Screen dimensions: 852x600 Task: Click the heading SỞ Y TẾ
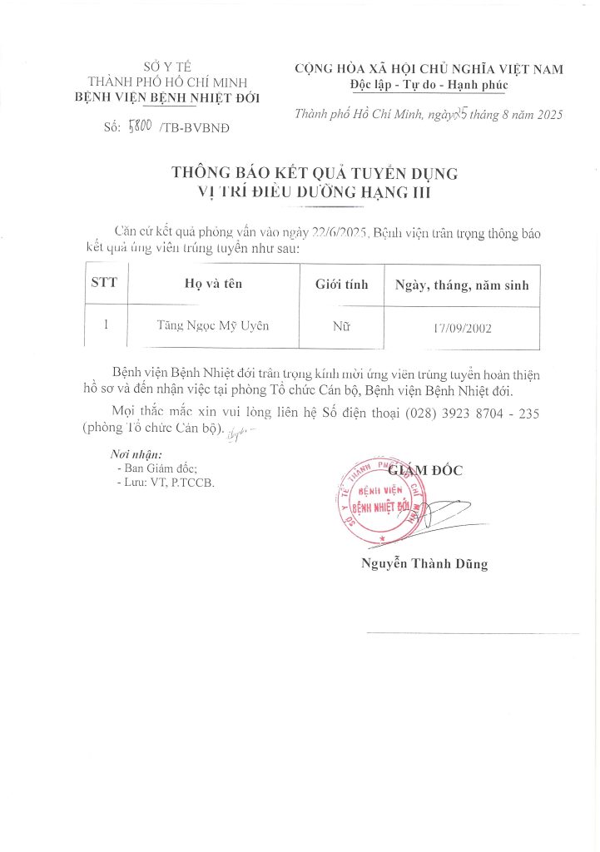[165, 67]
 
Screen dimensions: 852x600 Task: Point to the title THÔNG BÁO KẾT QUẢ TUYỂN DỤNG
[315, 173]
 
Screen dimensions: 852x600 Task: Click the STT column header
[104, 283]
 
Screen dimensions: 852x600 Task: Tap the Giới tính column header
[341, 284]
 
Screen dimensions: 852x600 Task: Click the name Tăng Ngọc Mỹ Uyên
[213, 325]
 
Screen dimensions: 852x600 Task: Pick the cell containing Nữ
[341, 326]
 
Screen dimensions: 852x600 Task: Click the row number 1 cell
[105, 325]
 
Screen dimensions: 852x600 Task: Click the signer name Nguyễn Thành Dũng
[424, 563]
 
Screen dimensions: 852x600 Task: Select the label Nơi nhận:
[136, 455]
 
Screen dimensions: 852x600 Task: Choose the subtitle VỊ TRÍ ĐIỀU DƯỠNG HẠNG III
[315, 193]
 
